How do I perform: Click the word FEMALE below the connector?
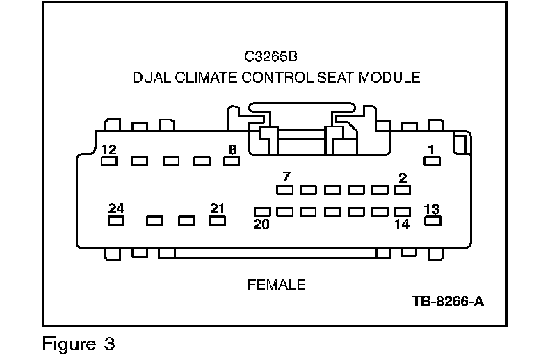276,285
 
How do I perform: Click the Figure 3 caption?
78,343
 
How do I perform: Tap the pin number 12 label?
108,149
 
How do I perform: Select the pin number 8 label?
232,149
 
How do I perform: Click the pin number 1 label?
432,149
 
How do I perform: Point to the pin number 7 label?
285,177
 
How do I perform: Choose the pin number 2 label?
403,178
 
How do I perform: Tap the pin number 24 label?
116,208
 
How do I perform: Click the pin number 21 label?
218,208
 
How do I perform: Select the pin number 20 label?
261,224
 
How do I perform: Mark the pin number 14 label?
403,224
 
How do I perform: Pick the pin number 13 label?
432,209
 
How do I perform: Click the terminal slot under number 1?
432,162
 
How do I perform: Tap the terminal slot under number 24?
116,221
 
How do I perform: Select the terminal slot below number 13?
432,222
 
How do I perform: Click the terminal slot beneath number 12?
108,162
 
